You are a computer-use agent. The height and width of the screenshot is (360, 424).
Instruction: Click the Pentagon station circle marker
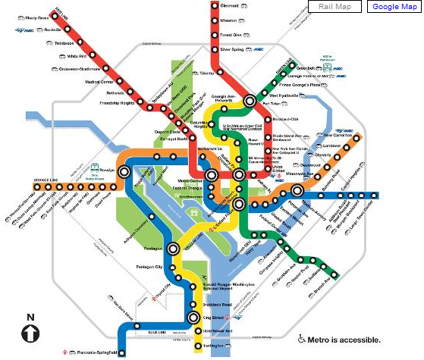[x=174, y=248]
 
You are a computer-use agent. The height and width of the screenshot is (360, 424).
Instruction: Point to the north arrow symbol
[x=30, y=332]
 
